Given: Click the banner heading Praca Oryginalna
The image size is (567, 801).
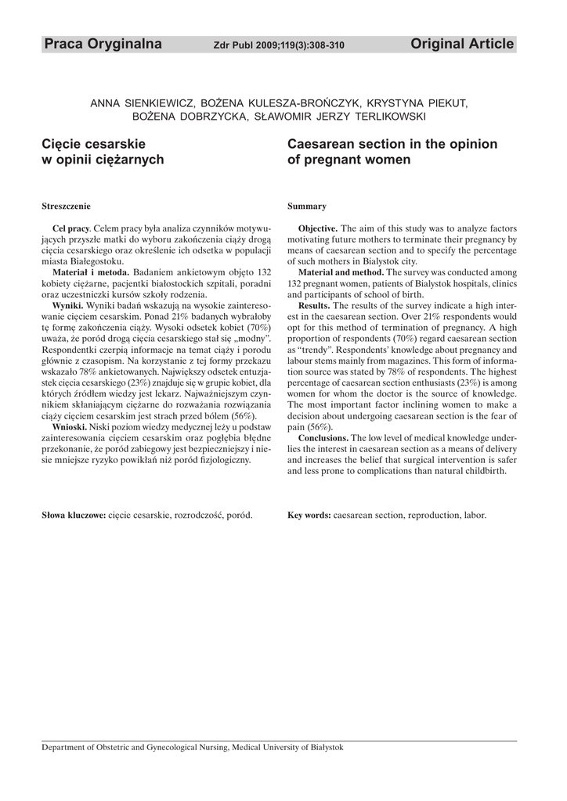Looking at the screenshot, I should tap(103, 45).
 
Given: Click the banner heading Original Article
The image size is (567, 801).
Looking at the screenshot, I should tap(462, 45).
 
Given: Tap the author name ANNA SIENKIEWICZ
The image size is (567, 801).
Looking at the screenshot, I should tap(142, 103).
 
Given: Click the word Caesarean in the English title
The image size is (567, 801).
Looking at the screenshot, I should tap(323, 145).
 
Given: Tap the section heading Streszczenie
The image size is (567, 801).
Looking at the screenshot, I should tap(66, 207).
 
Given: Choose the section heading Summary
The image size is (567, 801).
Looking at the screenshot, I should tap(307, 207).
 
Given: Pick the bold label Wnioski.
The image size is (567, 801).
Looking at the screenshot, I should tap(70, 426).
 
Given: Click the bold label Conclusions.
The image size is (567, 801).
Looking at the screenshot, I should tap(323, 437).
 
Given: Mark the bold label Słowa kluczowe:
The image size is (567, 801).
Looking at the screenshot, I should tap(74, 515).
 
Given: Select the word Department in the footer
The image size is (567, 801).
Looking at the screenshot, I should tap(67, 747).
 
